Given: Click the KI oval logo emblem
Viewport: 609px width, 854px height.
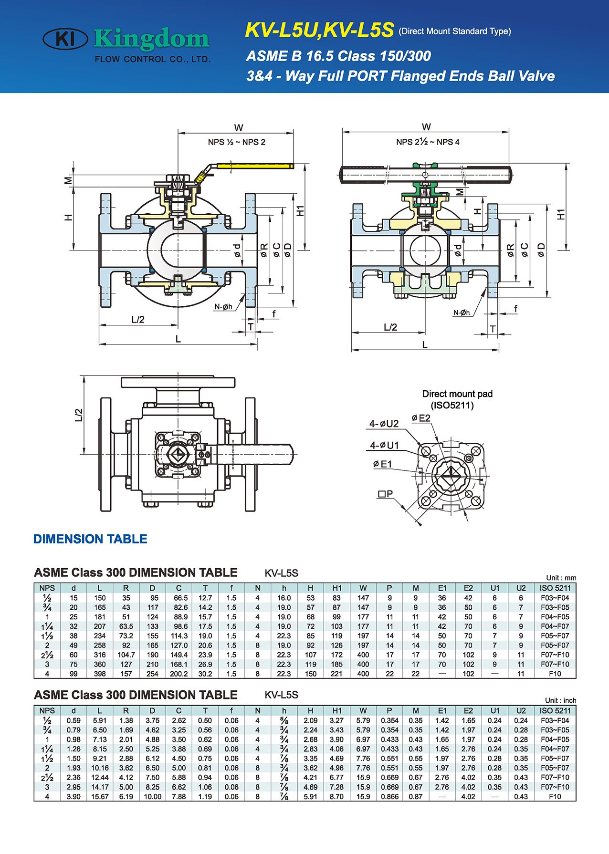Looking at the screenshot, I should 65,39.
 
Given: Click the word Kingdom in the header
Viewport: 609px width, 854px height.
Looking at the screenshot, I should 152,39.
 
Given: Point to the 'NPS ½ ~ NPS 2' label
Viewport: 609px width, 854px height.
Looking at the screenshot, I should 236,142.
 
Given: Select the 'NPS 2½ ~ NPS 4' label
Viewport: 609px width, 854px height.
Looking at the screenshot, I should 428,142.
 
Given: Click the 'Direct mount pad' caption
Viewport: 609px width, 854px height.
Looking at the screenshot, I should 457,394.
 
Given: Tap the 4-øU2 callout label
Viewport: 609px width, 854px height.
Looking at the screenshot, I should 384,424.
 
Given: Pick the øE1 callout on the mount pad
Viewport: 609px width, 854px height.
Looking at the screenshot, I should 382,464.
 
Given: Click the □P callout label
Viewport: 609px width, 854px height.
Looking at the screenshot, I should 385,494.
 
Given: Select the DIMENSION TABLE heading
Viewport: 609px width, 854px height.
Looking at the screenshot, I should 90,539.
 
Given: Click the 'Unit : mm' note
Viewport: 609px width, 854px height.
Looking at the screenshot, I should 561,578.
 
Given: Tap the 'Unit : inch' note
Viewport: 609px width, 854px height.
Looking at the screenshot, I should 560,700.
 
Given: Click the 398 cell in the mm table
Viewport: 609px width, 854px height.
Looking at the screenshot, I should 100,674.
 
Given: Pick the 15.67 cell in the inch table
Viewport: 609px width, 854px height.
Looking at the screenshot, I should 100,796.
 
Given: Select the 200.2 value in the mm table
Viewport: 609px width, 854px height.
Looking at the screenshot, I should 178,674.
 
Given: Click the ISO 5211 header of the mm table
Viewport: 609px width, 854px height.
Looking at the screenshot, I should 555,588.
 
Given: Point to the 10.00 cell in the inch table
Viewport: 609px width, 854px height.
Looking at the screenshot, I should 152,796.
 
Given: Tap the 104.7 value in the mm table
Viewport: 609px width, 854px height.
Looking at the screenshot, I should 126,655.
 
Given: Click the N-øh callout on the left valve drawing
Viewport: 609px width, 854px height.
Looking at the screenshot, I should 223,307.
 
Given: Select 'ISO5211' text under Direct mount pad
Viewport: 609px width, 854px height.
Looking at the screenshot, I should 452,406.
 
